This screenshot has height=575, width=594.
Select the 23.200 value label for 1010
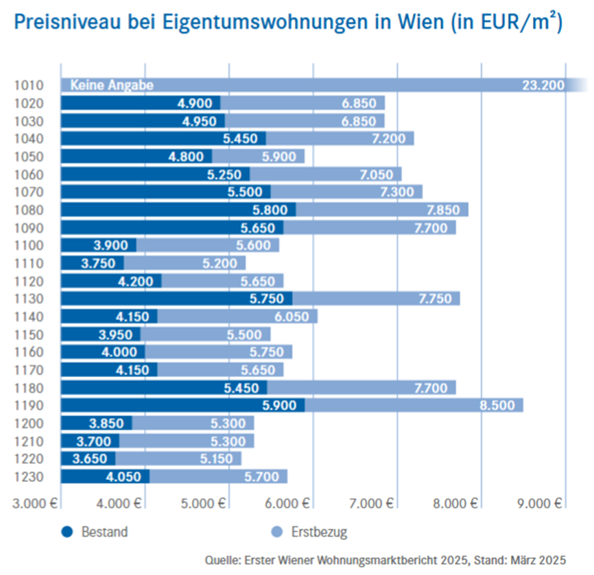tap(543, 86)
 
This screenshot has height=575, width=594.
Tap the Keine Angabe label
tap(111, 86)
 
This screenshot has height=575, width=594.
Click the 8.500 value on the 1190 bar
tap(497, 405)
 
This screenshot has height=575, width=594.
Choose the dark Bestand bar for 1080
tap(178, 209)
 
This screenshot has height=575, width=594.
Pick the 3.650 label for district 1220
tap(87, 458)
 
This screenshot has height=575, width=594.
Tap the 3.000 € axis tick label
tap(34, 503)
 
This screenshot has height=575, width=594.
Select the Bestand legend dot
tap(67, 531)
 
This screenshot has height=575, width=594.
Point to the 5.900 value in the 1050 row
tap(278, 156)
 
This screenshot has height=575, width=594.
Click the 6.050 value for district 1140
tap(291, 316)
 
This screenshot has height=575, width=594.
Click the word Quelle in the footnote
tap(221, 559)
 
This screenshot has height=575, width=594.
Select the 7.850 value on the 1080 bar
tap(442, 209)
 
